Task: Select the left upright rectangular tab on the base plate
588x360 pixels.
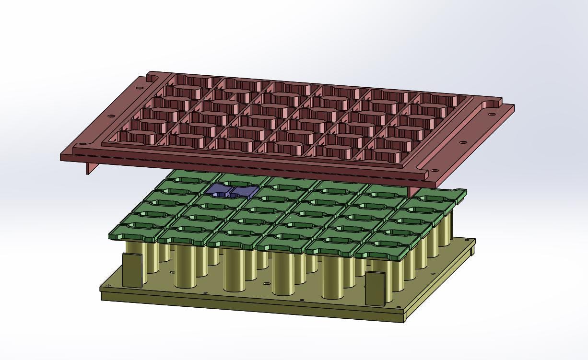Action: (132, 270)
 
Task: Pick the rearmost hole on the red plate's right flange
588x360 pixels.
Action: (491, 114)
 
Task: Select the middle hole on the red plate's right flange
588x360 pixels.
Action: (463, 142)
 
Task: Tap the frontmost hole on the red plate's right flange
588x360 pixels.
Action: (435, 171)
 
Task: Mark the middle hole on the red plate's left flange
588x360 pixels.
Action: (111, 116)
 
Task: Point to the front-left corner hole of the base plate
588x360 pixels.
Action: (106, 287)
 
